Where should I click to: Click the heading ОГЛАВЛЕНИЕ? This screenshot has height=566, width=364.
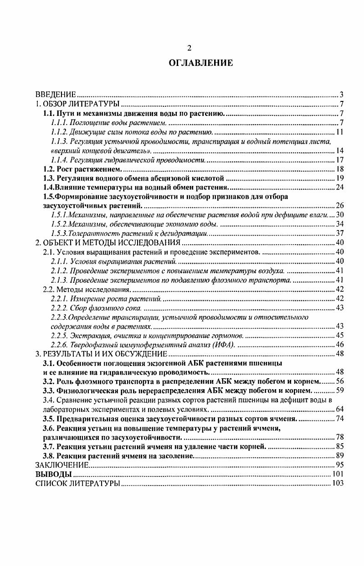point(201,63)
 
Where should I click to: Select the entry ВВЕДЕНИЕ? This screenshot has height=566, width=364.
point(55,95)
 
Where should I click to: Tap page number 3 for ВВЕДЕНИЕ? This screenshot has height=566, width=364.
point(341,95)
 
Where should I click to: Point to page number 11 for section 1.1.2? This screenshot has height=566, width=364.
point(339,132)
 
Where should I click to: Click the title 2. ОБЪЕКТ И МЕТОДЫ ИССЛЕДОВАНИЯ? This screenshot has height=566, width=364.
point(108,242)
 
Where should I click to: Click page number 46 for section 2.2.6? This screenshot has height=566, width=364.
point(339,345)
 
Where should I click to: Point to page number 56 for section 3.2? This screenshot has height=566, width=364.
point(339,381)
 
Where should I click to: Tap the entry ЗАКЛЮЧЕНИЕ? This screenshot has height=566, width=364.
point(62,465)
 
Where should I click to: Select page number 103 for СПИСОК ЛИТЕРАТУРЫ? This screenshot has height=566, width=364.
point(338,483)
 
